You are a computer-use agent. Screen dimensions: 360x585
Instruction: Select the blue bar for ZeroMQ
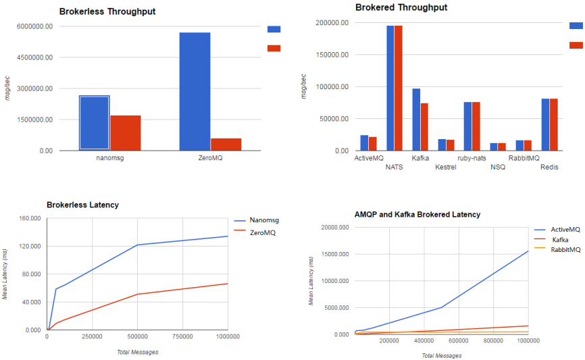coord(195,91)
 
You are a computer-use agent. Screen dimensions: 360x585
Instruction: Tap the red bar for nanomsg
coord(126,133)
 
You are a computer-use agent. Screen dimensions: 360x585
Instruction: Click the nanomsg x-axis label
coord(110,159)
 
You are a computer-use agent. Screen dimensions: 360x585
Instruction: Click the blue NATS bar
coord(390,88)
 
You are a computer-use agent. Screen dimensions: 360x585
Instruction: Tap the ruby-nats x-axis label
coord(472,159)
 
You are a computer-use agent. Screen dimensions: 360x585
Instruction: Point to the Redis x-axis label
coord(549,167)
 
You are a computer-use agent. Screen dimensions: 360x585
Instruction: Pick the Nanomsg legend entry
coord(264,220)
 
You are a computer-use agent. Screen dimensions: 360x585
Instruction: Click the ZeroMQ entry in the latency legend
coord(263,232)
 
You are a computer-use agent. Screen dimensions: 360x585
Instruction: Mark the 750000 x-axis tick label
coord(182,336)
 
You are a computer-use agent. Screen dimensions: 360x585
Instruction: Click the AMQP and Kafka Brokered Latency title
coord(417,214)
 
